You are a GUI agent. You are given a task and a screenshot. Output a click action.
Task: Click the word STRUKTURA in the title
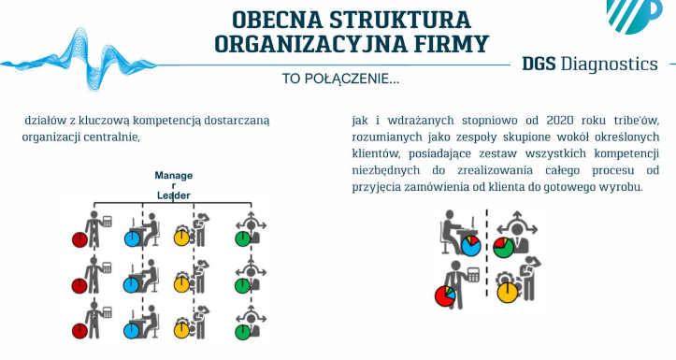pos(400,20)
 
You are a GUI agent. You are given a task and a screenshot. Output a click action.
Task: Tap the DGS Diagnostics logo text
pos(590,64)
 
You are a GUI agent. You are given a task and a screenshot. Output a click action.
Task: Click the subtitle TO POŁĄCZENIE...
pos(340,79)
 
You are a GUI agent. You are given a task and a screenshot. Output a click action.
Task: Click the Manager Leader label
pos(174,185)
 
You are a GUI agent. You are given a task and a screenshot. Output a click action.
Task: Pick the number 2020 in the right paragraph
pos(560,120)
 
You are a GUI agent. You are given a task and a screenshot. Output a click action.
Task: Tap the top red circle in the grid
pos(79,239)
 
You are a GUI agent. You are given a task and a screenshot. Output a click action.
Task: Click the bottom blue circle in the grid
pos(132,331)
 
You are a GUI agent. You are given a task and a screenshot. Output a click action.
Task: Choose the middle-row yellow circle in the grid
pos(182,284)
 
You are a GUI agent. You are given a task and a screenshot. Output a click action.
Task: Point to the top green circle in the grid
pos(243,238)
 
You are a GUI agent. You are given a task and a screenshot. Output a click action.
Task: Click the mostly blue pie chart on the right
pos(471,246)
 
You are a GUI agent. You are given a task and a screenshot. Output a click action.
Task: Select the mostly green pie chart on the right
pos(504,248)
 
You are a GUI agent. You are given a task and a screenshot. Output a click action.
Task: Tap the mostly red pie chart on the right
pos(445,296)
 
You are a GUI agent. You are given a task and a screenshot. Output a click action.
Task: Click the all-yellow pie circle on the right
pos(508,293)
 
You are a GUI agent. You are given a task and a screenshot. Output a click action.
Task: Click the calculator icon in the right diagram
pos(473,275)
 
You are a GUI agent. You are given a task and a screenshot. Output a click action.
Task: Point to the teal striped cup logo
pos(634,15)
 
